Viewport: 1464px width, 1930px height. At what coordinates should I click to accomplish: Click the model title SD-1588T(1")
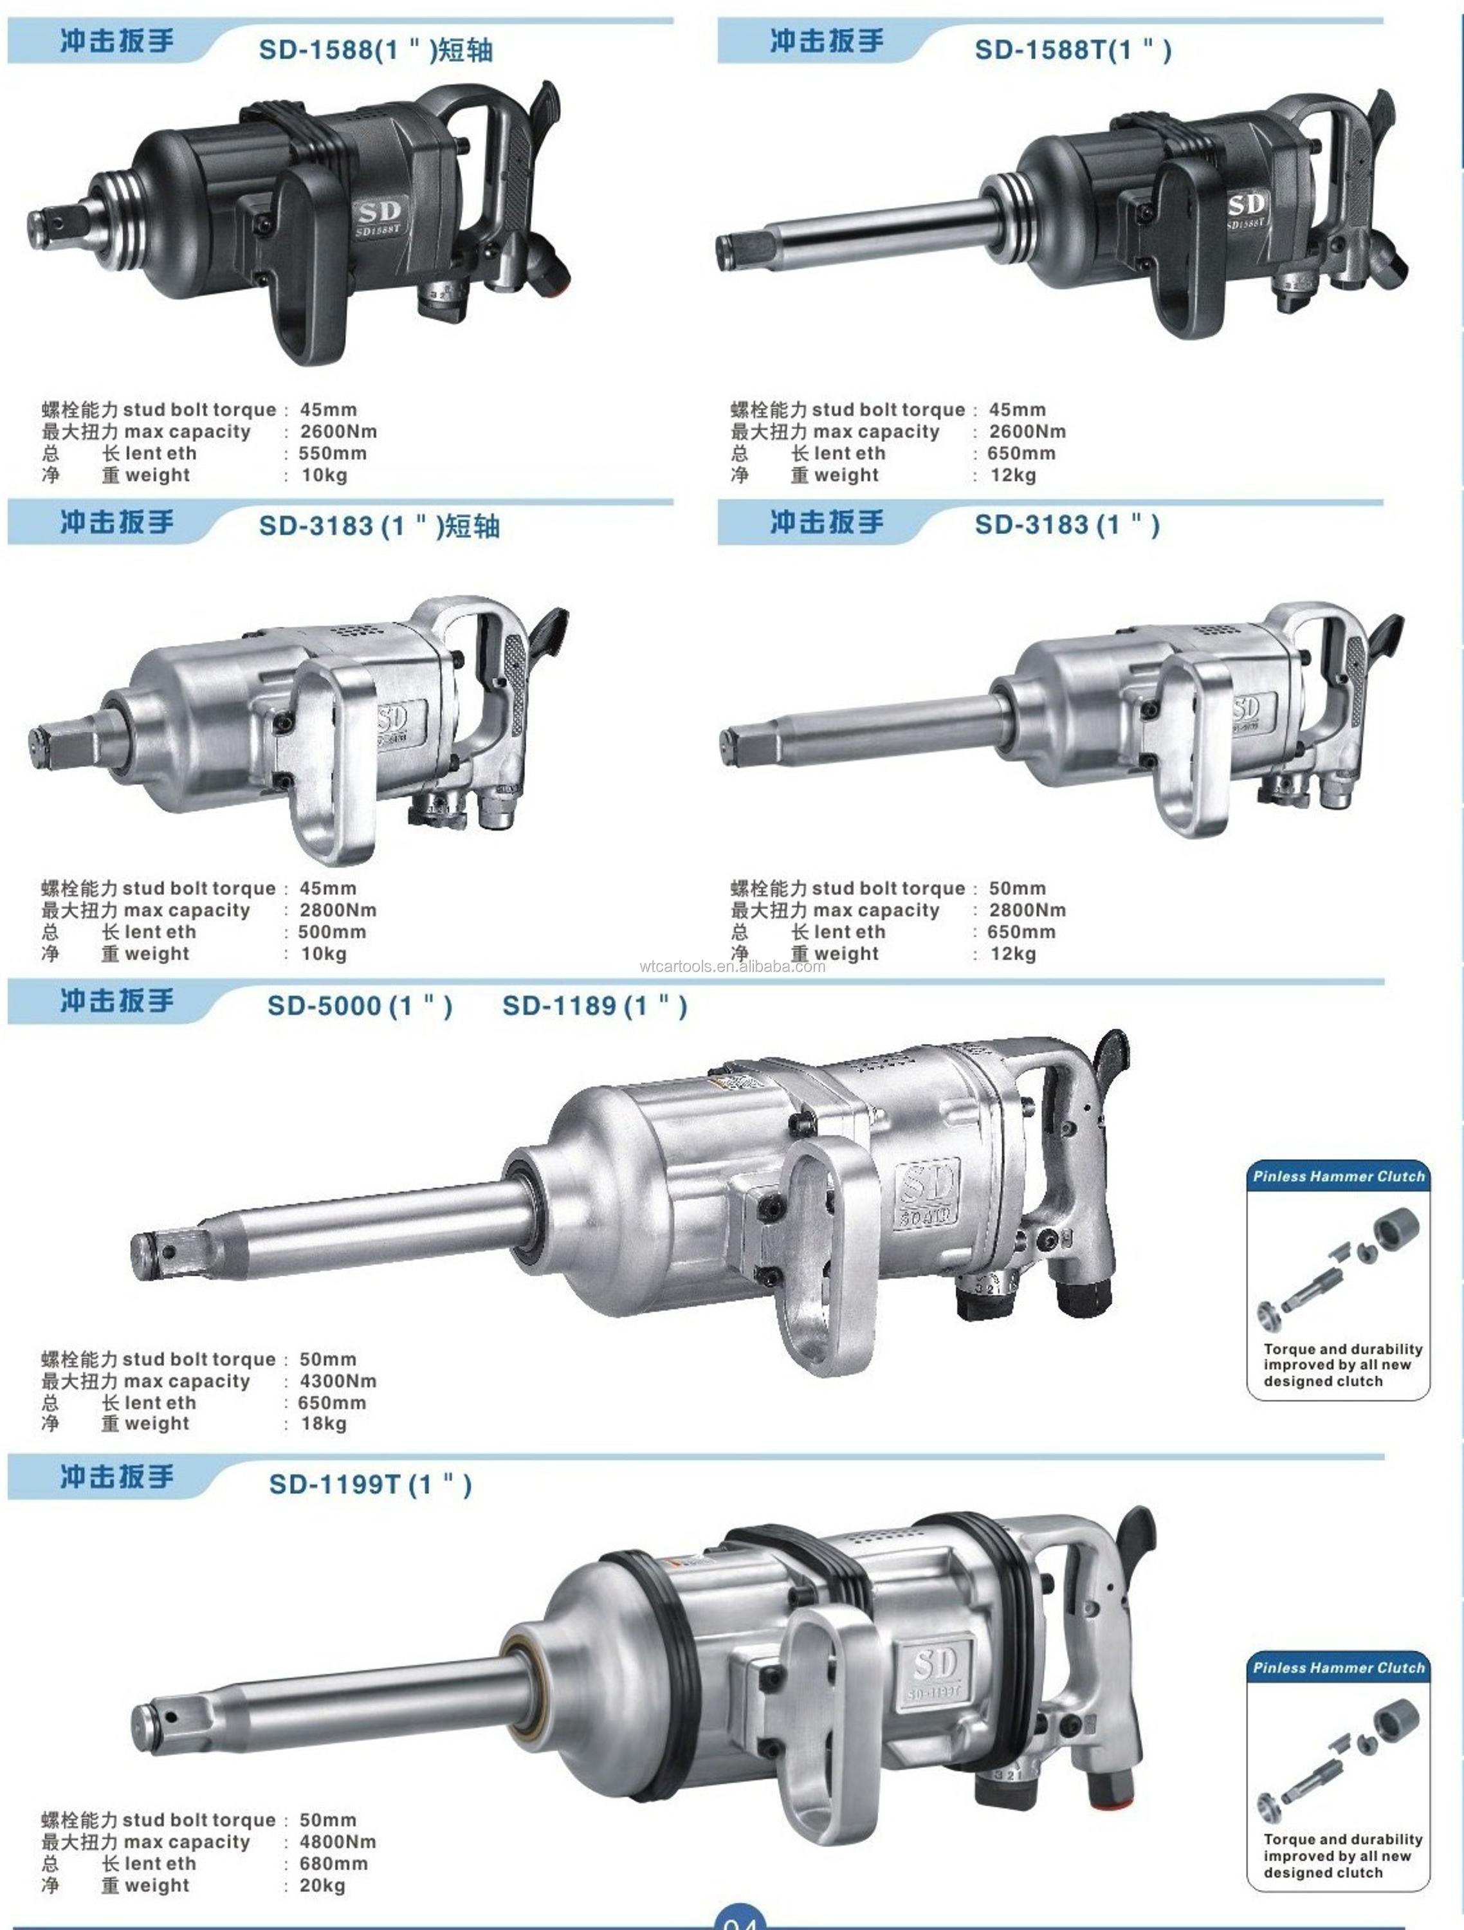tap(1072, 50)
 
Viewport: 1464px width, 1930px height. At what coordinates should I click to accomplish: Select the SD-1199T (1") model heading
tap(370, 1484)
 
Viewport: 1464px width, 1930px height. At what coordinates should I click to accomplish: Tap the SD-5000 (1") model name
tap(360, 1006)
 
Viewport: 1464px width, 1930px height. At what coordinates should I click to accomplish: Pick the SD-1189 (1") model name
tap(594, 1006)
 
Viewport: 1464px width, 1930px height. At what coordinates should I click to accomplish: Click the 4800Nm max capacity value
tap(338, 1842)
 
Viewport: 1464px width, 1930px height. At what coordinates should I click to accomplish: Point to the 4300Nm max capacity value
tap(338, 1381)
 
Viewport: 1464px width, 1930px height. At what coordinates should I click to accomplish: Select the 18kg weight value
tap(324, 1424)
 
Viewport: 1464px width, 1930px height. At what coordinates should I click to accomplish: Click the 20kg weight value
tap(323, 1886)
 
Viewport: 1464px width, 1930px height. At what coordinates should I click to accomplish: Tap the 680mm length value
tap(333, 1864)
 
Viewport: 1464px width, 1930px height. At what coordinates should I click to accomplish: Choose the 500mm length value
tap(331, 932)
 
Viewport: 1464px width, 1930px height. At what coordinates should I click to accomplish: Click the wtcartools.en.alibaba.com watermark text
tap(731, 966)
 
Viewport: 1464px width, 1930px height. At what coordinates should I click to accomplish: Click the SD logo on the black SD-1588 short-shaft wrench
tap(379, 212)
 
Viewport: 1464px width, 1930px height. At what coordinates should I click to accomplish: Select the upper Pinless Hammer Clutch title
tap(1339, 1176)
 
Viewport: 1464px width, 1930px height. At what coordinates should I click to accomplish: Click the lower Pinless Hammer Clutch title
tap(1339, 1668)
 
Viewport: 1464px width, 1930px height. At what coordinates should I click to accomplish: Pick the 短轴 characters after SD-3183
tap(472, 526)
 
